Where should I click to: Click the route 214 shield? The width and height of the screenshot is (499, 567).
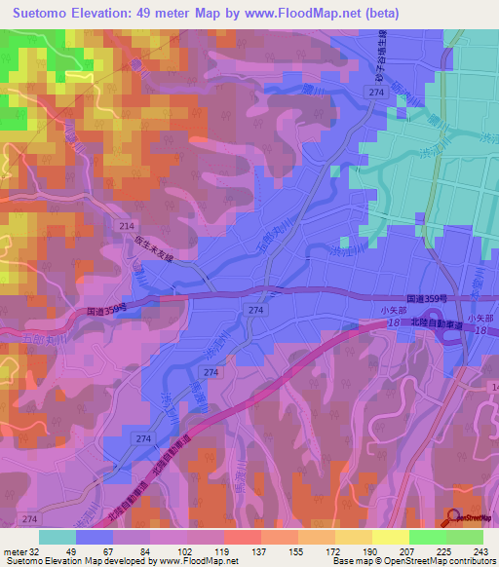coord(126,225)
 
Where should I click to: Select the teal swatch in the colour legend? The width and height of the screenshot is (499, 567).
coord(58,536)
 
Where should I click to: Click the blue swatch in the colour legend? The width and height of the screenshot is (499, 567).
coord(95,536)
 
